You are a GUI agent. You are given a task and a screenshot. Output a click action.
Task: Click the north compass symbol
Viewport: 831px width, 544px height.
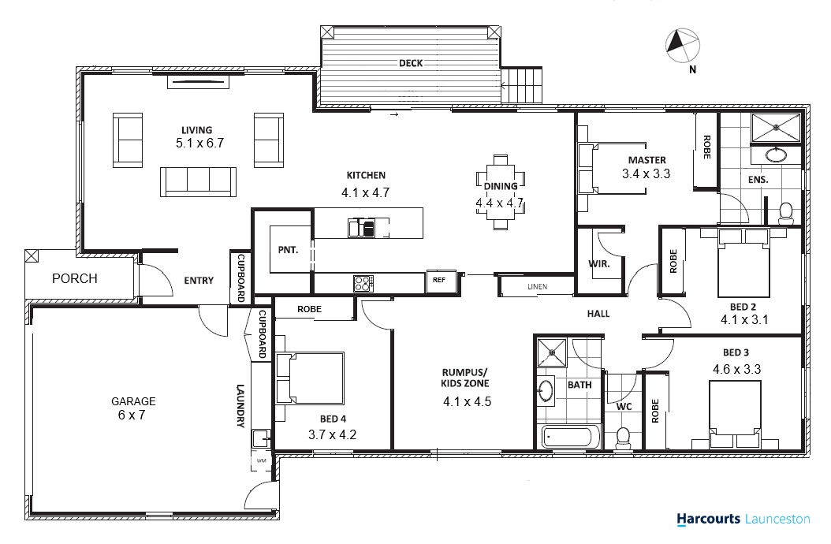683,46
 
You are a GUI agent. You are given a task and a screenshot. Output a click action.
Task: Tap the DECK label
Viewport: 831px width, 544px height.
411,63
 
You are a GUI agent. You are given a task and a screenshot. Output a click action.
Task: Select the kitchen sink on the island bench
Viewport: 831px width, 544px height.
361,228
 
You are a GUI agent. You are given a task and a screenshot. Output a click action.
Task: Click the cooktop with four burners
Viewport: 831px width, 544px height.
363,284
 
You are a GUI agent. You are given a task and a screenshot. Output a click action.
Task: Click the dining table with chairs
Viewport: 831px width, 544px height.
501,192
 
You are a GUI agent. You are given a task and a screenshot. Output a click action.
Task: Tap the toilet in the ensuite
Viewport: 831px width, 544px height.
785,213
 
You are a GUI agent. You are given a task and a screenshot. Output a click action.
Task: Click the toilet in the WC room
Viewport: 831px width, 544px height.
624,438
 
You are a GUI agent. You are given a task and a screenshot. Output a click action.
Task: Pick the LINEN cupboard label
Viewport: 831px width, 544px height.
538,287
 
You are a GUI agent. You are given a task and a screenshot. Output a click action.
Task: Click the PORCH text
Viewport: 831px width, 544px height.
75,278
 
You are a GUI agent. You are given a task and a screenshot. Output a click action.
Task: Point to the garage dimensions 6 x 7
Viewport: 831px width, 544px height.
132,415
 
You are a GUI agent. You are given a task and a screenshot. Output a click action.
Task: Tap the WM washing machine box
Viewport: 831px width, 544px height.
261,460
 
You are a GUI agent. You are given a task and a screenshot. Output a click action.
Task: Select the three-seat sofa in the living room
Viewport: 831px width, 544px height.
198,182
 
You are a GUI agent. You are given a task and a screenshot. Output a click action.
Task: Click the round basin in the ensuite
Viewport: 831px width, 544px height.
777,155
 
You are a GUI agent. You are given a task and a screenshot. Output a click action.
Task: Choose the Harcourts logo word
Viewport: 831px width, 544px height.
708,519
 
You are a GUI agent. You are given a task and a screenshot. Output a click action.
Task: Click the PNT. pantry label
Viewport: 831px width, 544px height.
288,250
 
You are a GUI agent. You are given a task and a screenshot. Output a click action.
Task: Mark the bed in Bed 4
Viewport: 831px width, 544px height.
310,378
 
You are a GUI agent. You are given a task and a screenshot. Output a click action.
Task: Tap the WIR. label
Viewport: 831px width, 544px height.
599,263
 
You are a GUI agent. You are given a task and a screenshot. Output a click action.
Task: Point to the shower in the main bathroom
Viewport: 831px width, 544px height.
552,352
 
